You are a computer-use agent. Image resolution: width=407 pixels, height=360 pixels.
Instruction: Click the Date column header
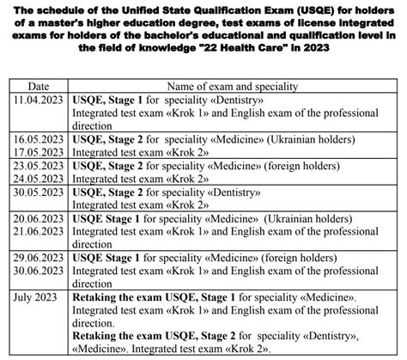click(x=39, y=87)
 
